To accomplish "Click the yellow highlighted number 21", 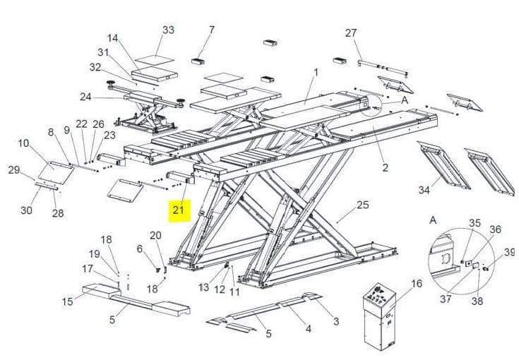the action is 179,210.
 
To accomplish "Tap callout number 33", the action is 168,30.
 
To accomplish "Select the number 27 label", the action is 351,33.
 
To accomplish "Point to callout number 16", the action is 417,284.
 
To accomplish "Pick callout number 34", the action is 424,190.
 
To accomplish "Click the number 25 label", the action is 363,205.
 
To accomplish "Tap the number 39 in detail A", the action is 509,253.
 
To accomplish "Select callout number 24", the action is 85,97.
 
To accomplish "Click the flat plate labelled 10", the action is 56,173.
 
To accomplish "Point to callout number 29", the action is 14,169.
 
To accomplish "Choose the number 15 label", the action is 67,302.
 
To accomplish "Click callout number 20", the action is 155,236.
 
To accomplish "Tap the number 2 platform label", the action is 385,168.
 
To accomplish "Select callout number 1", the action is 316,73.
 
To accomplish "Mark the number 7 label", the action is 212,30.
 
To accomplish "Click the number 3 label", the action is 336,321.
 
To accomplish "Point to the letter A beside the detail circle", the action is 405,100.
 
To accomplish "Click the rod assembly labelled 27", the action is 383,68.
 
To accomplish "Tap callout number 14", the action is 112,38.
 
